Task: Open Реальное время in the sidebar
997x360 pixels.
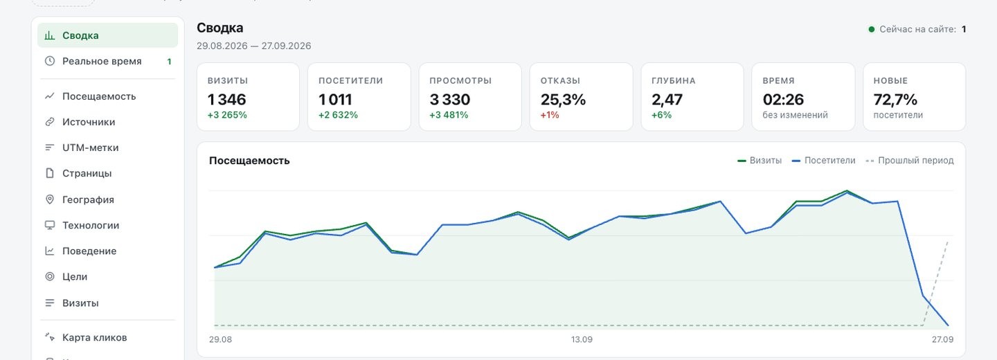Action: click(x=102, y=62)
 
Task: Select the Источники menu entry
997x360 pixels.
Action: click(x=89, y=122)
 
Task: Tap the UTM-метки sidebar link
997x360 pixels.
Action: click(x=90, y=147)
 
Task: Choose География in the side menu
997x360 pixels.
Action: click(x=88, y=199)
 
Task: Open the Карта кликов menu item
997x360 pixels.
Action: click(x=94, y=337)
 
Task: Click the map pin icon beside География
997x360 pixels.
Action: click(x=50, y=199)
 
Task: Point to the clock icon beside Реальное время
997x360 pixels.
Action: click(x=50, y=61)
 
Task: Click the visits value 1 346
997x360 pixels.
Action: click(x=227, y=99)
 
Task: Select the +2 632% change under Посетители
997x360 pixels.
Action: click(x=339, y=115)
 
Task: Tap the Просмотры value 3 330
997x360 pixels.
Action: click(x=449, y=99)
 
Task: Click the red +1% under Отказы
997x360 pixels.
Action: click(x=550, y=115)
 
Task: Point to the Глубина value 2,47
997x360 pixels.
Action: click(x=667, y=100)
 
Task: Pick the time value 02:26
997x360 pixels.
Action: click(x=783, y=99)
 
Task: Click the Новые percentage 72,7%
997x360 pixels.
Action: click(x=895, y=99)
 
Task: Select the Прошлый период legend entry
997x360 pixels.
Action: click(x=909, y=160)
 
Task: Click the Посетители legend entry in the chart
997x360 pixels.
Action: click(x=823, y=160)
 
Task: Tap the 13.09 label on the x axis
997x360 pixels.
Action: click(x=582, y=339)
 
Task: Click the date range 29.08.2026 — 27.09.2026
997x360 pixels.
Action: click(x=253, y=46)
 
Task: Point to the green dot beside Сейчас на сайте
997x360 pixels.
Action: click(x=872, y=29)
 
